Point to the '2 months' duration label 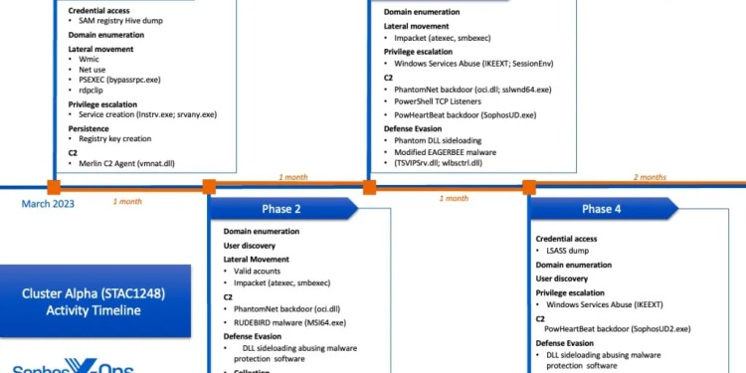click(650, 177)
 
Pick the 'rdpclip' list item click(93, 91)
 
